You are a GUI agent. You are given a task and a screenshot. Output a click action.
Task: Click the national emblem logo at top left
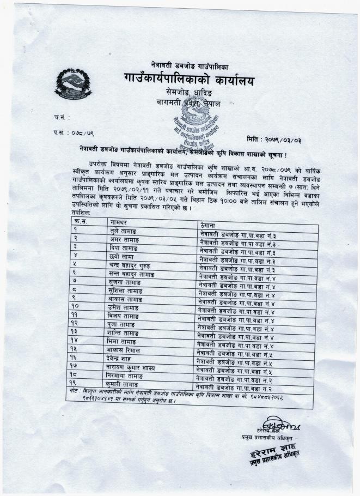point(73,84)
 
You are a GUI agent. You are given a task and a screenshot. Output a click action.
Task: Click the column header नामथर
point(120,223)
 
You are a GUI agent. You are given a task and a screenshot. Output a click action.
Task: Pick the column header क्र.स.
point(80,221)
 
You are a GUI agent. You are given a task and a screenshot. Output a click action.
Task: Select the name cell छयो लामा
point(121,257)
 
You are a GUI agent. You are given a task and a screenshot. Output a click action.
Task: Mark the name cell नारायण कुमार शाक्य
point(132,367)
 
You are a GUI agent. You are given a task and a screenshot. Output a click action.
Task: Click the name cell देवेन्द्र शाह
point(124,359)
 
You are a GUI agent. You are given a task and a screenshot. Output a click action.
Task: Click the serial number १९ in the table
point(74,384)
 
